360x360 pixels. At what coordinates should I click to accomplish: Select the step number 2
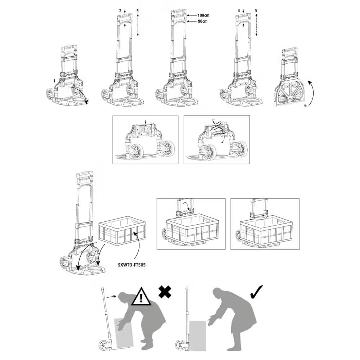(x=120, y=11)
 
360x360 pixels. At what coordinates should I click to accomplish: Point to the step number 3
(x=138, y=11)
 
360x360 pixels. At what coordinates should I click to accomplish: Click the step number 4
(x=239, y=11)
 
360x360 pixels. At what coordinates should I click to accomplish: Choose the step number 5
(x=256, y=11)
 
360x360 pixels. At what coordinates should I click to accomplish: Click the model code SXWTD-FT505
(x=132, y=265)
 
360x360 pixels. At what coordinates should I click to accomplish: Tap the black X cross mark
(x=165, y=292)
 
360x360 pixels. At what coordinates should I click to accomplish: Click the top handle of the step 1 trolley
(x=69, y=48)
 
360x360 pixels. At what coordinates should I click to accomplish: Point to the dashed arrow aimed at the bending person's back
(x=112, y=297)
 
